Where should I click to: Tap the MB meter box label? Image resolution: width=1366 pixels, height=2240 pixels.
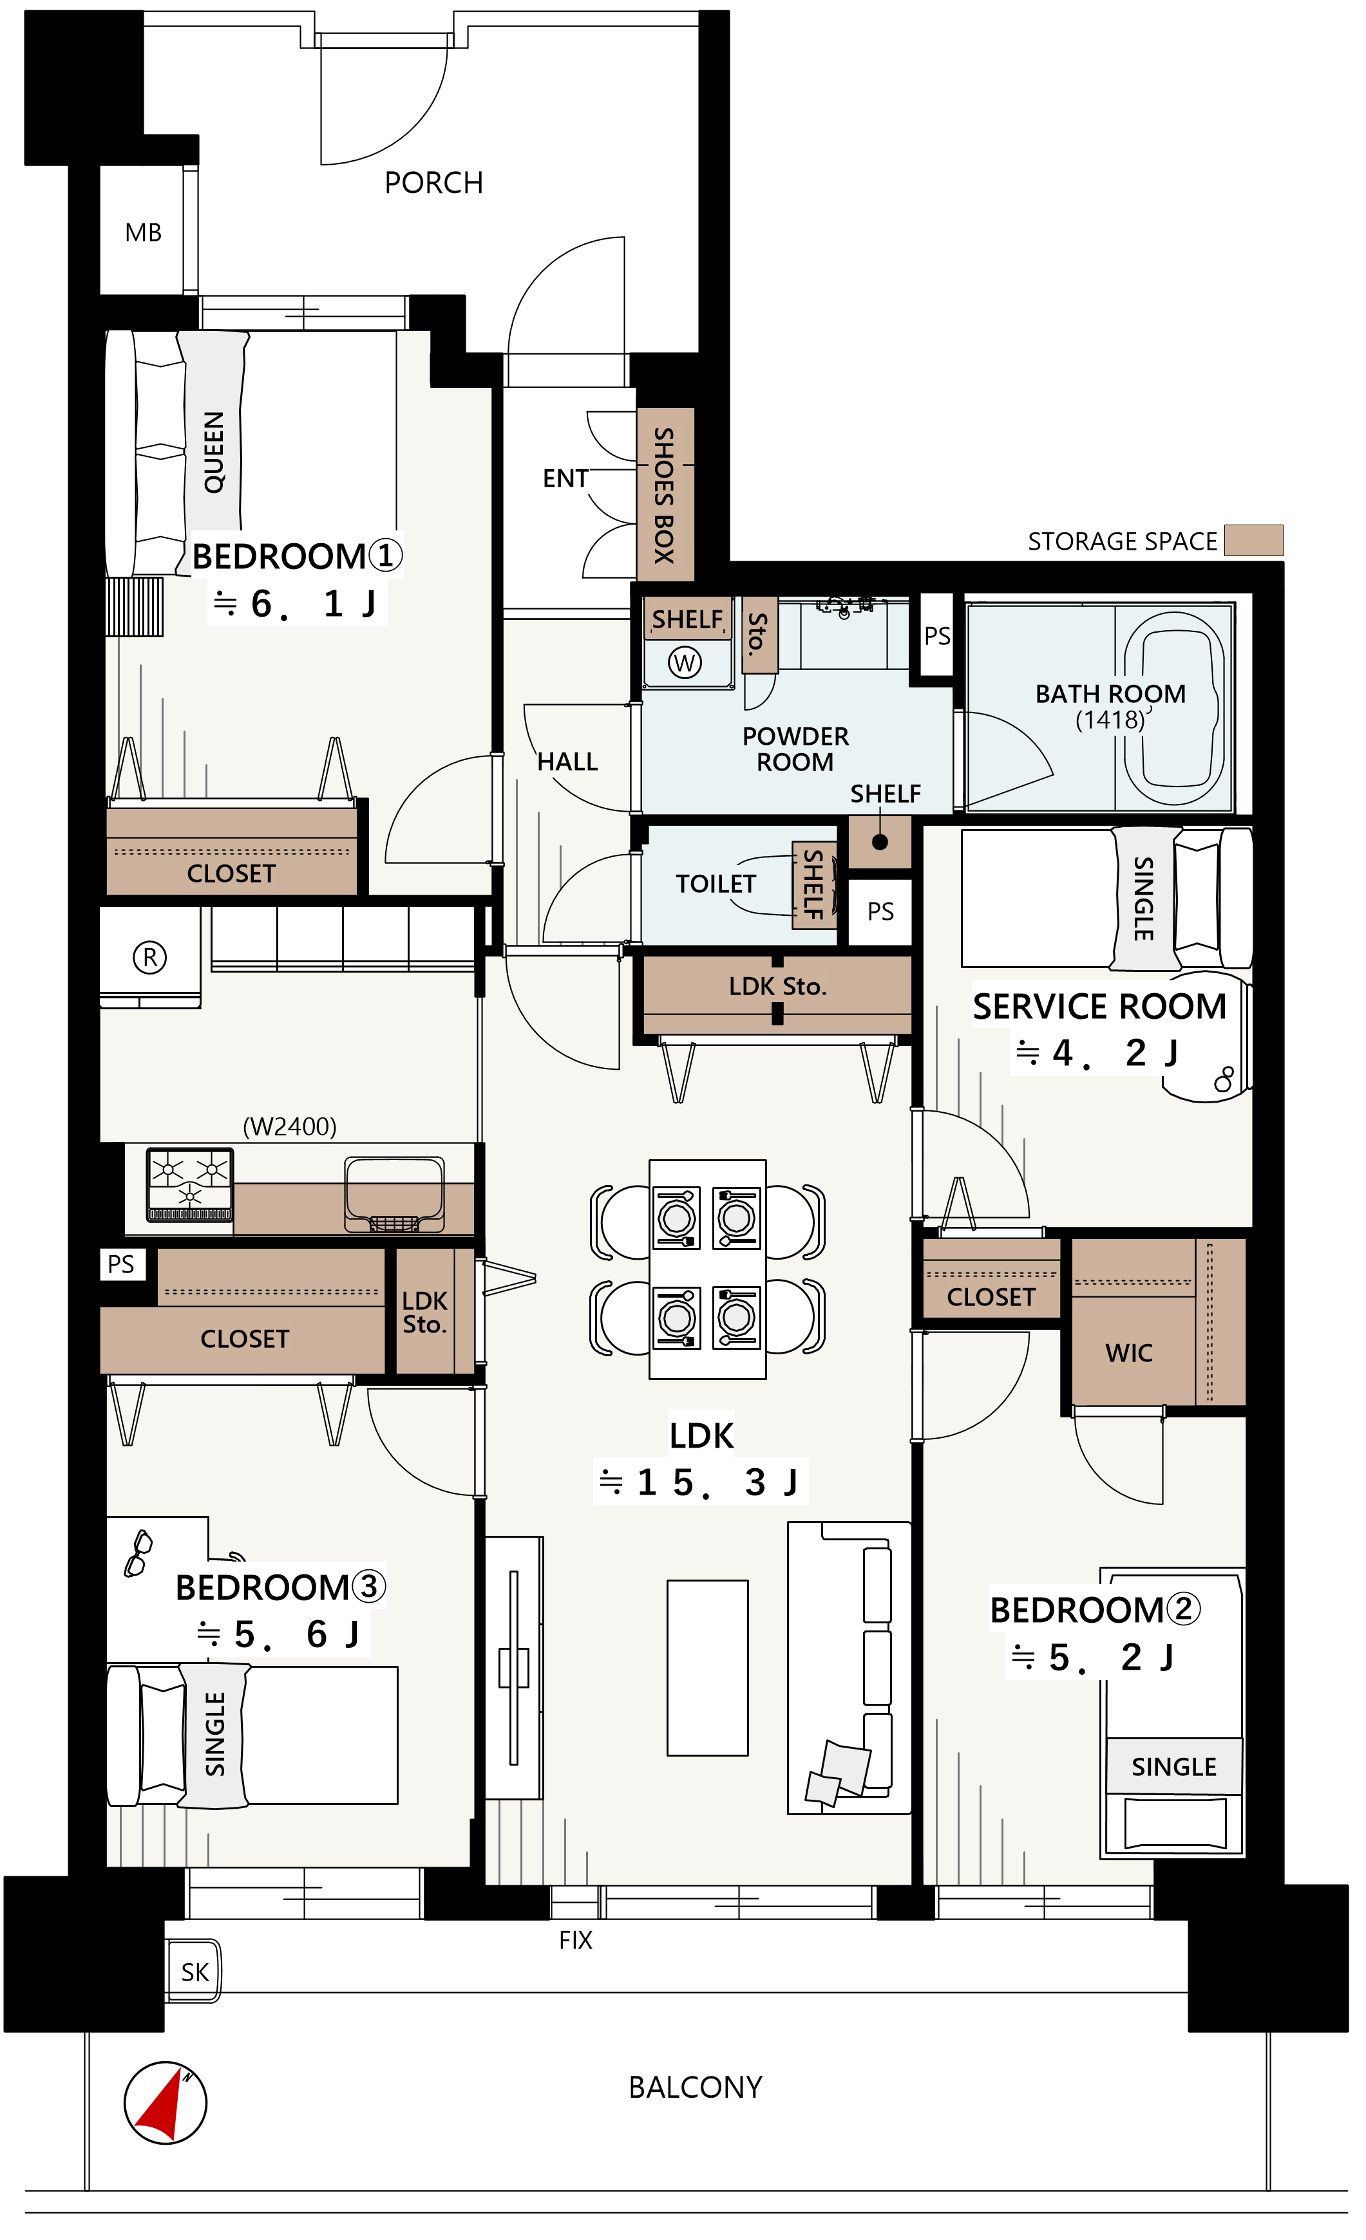pos(144,234)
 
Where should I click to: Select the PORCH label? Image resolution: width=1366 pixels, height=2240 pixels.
pos(434,183)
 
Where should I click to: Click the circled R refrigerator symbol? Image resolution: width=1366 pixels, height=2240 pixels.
pos(150,957)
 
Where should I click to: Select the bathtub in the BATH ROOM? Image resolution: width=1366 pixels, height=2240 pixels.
pos(1174,707)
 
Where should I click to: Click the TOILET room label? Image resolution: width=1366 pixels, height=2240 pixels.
pos(716,884)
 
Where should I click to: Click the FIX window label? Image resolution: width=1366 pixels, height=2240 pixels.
pos(576,1941)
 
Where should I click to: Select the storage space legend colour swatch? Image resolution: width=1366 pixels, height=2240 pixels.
pos(1254,541)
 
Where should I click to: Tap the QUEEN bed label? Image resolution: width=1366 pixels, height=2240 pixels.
pos(214,452)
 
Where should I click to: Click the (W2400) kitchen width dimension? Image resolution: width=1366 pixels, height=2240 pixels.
pos(290,1127)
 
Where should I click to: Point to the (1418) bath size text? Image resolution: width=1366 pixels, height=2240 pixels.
pos(1110,720)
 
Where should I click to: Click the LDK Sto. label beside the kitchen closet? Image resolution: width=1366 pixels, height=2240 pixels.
pos(424,1312)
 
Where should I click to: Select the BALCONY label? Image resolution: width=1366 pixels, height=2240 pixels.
pos(696,2087)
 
